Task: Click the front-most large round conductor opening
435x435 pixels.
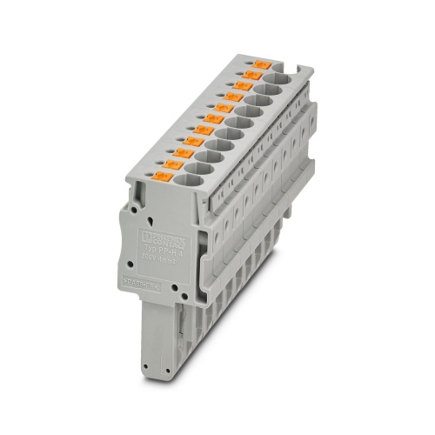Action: tap(192, 182)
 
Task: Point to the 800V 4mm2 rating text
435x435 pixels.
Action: tap(158, 258)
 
